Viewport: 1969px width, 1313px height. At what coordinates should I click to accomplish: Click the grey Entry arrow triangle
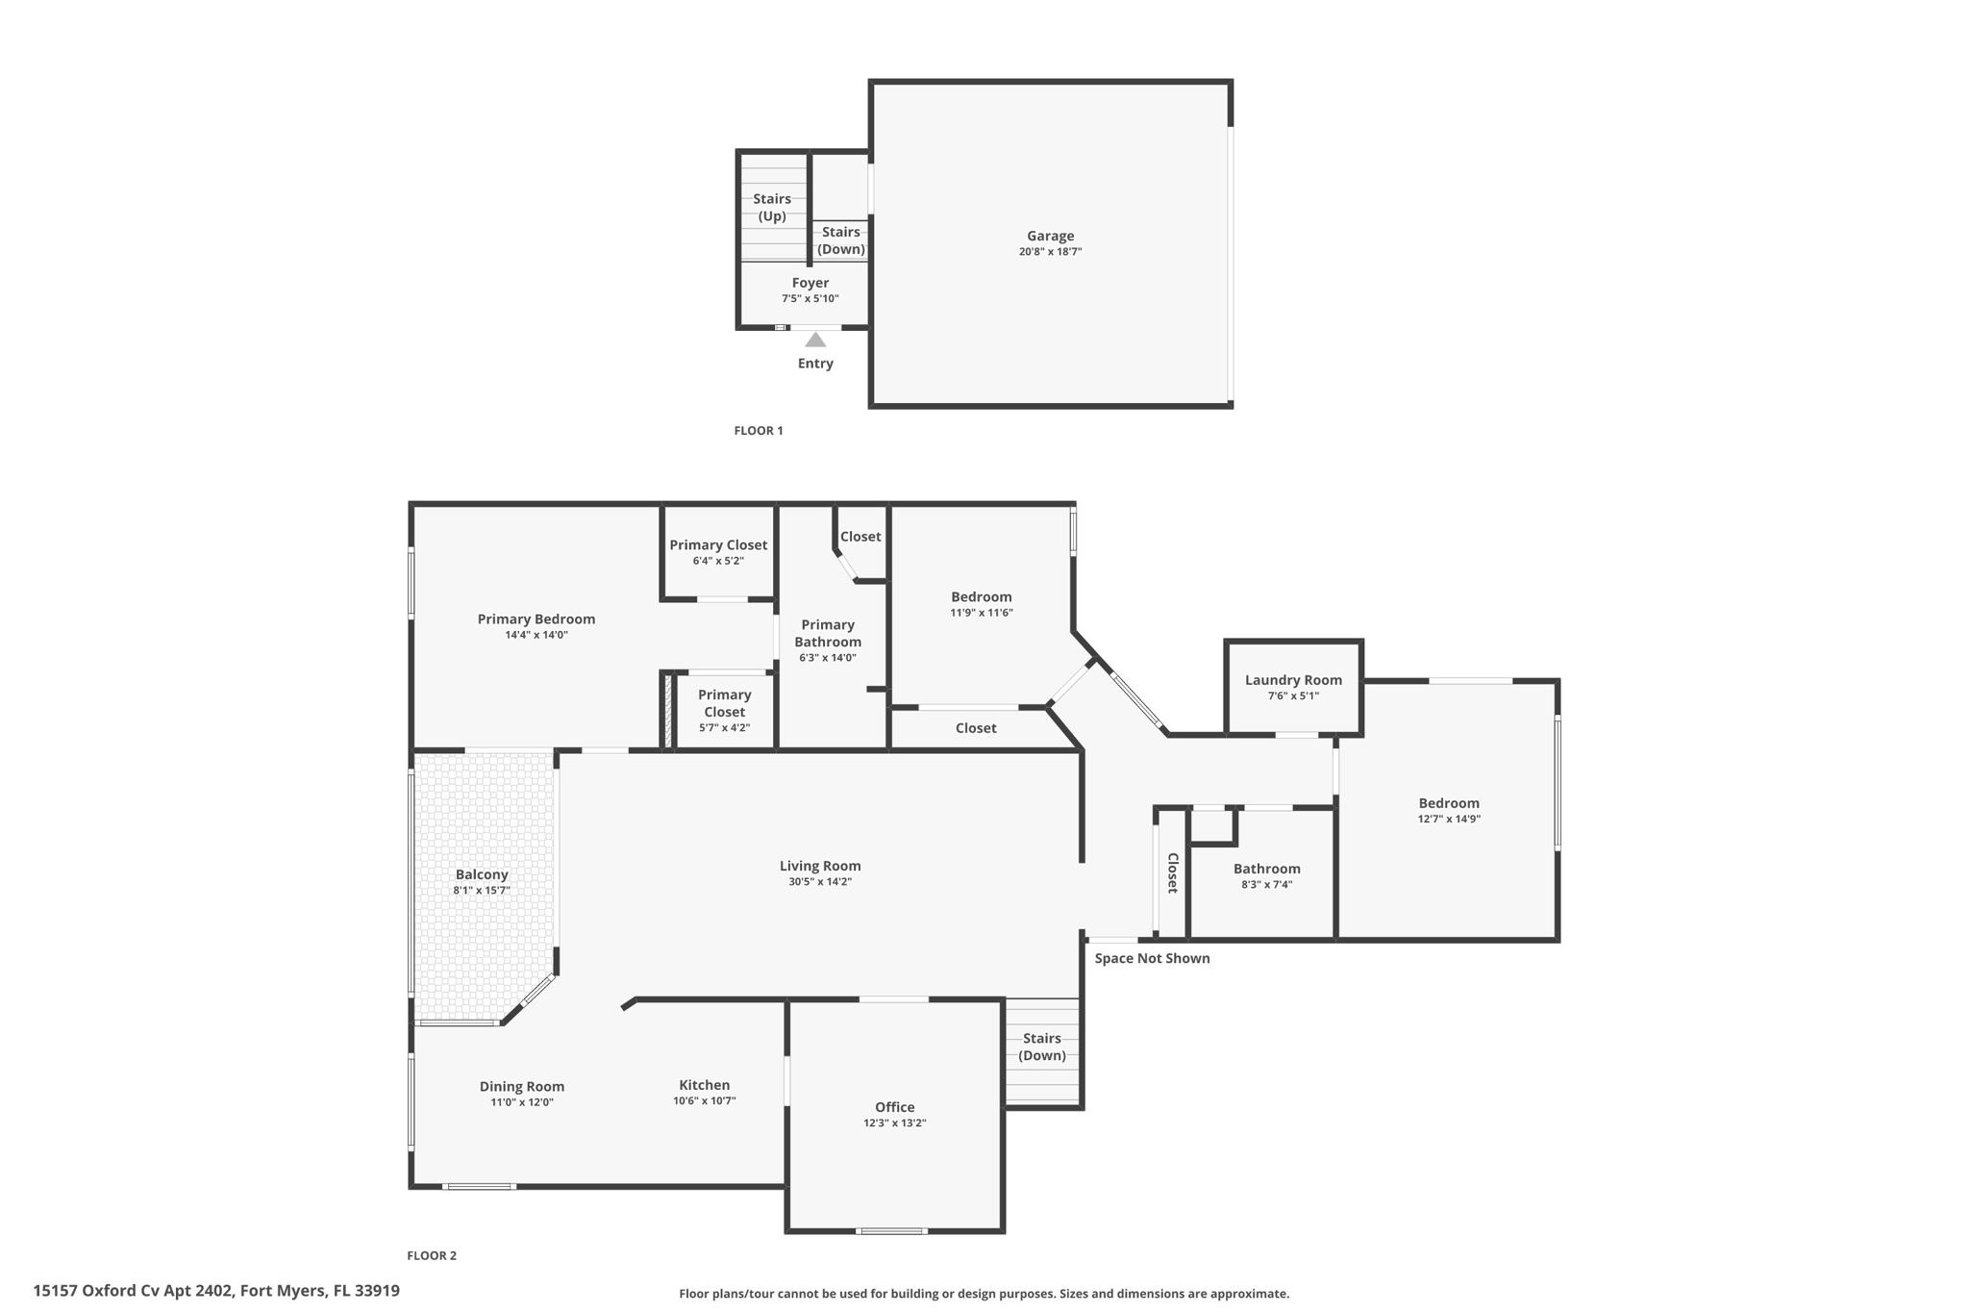815,340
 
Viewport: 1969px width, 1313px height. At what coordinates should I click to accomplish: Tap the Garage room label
1050,236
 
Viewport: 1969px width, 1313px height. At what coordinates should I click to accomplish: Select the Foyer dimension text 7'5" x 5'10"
810,299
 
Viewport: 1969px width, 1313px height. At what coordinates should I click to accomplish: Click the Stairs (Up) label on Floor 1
772,208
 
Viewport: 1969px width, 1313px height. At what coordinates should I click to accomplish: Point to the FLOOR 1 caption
759,431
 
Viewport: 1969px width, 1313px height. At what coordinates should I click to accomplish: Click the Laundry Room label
1293,680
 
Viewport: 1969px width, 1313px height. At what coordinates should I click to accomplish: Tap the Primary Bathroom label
828,633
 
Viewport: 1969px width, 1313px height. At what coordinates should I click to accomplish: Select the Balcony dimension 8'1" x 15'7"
482,891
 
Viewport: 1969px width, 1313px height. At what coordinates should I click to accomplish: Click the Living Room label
820,866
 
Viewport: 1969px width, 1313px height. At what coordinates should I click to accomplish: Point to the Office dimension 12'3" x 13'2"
894,1124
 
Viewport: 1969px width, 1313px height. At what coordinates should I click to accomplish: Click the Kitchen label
705,1085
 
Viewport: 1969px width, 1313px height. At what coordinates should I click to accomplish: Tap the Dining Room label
522,1087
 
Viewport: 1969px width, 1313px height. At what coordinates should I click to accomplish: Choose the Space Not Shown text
1152,958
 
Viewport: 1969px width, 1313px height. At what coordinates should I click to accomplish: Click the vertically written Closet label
1173,873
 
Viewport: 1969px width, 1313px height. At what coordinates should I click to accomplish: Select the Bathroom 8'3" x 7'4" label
1266,870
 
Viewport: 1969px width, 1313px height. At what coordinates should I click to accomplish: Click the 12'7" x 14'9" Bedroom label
1449,804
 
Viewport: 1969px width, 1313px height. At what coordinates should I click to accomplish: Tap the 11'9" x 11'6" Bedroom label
982,597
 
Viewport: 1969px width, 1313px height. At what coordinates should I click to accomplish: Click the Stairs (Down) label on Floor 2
1042,1047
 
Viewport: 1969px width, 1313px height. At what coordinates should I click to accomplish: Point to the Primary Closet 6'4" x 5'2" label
718,545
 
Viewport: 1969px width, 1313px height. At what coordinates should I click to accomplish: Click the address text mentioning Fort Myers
216,1291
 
